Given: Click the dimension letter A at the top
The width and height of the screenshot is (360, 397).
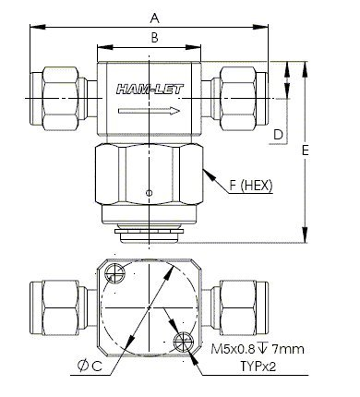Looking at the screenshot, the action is pos(155,18).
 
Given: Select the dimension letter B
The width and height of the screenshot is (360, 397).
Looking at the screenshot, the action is pos(155,38).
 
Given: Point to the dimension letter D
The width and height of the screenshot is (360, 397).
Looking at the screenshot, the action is pos(278,135).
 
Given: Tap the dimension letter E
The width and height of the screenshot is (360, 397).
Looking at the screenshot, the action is pos(306,150).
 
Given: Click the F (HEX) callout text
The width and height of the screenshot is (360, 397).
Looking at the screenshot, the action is pos(251,186).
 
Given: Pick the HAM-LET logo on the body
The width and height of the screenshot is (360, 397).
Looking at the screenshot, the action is pos(150,90).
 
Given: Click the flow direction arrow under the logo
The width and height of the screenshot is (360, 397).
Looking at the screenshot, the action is pos(149,111).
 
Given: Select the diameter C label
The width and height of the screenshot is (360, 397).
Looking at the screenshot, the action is pos(90,366).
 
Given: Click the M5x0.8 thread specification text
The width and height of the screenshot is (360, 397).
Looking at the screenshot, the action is pos(233,349).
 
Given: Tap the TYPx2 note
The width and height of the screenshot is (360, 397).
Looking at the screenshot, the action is pos(258,367).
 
